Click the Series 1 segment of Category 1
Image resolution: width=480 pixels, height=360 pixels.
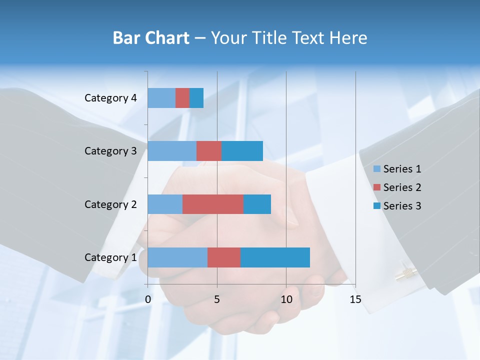point(177,257)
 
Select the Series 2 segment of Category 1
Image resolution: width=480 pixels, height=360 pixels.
point(224,257)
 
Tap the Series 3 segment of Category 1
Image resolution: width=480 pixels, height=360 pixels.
point(275,257)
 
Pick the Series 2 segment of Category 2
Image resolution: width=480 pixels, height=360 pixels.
point(213,204)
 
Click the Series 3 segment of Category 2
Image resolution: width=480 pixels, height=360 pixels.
point(257,204)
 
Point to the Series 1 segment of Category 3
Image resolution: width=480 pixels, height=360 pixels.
point(172,151)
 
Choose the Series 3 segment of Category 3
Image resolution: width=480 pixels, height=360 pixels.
point(242,151)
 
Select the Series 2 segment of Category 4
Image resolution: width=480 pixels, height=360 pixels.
point(182,98)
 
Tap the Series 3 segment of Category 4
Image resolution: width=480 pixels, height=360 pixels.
point(196,98)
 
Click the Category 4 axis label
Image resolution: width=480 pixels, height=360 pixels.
point(110,98)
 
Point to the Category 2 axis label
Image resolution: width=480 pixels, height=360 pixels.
point(110,204)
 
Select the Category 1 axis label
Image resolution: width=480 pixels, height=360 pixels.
point(110,257)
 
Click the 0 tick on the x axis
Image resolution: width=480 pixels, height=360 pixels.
point(148,299)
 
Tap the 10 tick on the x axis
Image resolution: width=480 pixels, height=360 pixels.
point(286,299)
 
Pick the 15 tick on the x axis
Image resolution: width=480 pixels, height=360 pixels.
point(355,299)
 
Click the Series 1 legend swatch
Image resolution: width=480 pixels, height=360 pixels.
point(376,169)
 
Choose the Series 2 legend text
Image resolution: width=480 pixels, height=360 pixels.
point(402,187)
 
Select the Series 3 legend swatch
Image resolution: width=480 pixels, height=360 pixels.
point(376,206)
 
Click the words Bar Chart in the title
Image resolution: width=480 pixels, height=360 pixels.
point(150,37)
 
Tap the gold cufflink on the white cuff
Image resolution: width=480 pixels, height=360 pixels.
point(406,272)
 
